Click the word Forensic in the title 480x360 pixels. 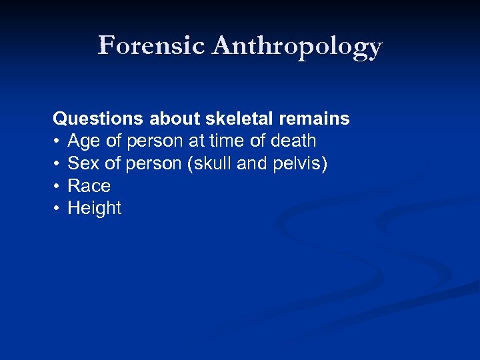pos(152,45)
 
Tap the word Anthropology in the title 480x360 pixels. pos(297,47)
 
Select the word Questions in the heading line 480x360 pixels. pos(97,119)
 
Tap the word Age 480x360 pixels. pos(83,141)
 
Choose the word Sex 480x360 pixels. pos(83,163)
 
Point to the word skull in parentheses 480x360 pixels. pos(210,163)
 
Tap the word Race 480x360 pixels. pos(89,186)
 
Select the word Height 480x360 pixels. pos(95,209)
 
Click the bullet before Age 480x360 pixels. pos(57,141)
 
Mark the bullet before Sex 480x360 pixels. pos(57,164)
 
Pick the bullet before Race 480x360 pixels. pos(57,186)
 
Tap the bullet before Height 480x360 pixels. pos(57,209)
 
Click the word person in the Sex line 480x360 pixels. pos(151,164)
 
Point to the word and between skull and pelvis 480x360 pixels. pos(251,163)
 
